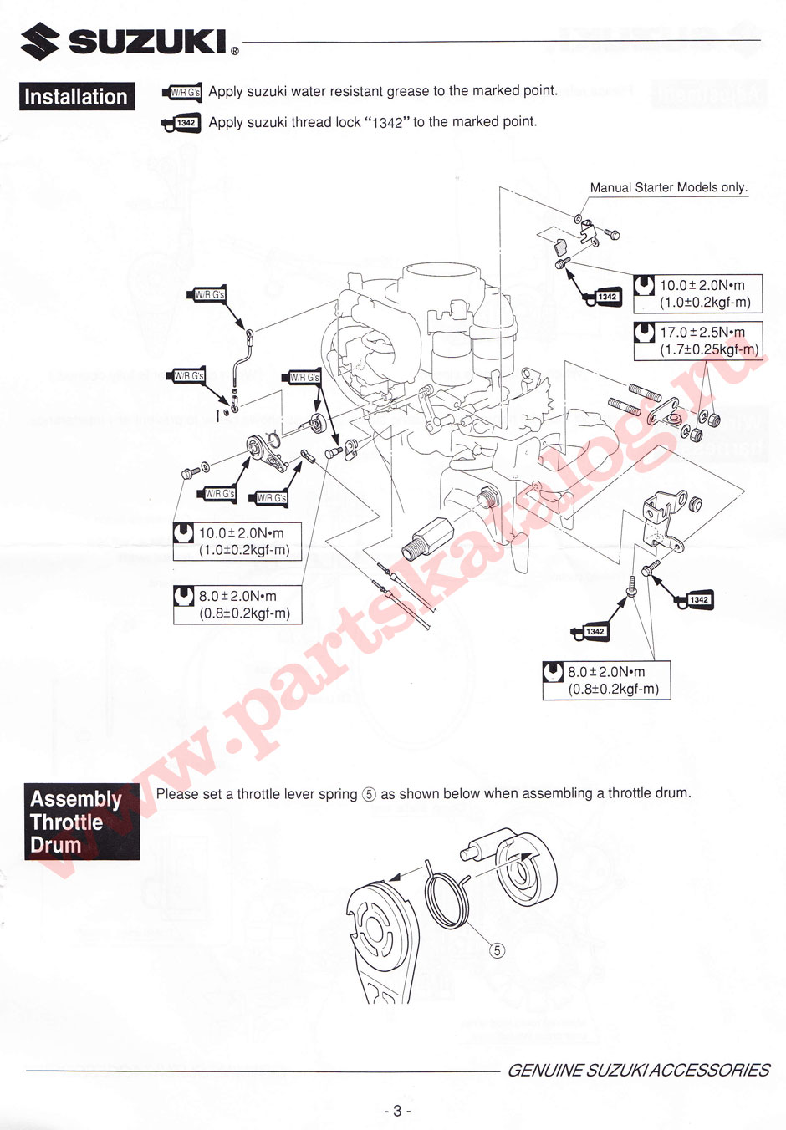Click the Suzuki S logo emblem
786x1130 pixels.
tap(40, 42)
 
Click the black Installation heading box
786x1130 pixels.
tap(76, 96)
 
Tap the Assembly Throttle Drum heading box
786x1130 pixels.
tap(81, 822)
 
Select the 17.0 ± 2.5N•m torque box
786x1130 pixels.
tap(698, 341)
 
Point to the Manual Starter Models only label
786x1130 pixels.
tap(668, 187)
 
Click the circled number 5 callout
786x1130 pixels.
tap(497, 951)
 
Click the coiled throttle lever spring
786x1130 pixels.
tap(447, 896)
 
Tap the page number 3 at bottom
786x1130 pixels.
tap(396, 1111)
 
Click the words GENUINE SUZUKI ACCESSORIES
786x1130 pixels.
tap(638, 1070)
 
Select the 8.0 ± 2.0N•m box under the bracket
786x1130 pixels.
tap(606, 680)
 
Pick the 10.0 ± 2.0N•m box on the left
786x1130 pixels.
tap(237, 541)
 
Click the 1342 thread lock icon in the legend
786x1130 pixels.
tap(181, 124)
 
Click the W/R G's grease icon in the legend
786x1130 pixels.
tap(182, 92)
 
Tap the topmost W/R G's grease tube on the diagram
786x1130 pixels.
tap(209, 295)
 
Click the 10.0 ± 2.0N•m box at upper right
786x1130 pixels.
tap(697, 293)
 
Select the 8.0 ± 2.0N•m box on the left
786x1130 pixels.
tap(237, 604)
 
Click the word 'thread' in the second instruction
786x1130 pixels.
tap(312, 122)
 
